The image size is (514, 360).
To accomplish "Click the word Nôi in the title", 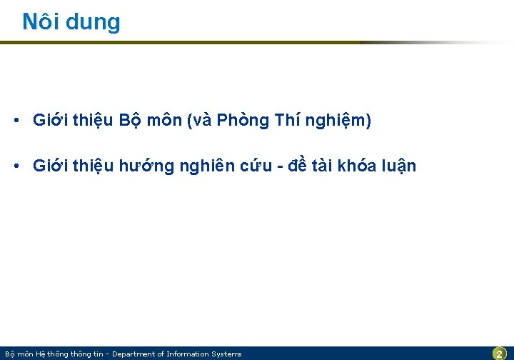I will pyautogui.click(x=41, y=21).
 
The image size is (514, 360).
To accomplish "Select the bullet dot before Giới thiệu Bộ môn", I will pyautogui.click(x=15, y=121).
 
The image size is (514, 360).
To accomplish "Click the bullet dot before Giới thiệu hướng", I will pyautogui.click(x=15, y=166).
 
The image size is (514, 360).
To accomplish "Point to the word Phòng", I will pyautogui.click(x=242, y=121).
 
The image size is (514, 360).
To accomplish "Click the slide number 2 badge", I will pyautogui.click(x=500, y=354).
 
